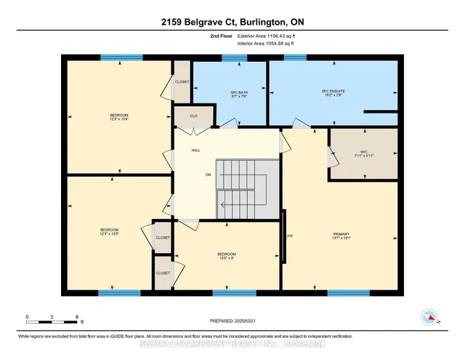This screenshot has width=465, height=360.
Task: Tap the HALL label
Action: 195,151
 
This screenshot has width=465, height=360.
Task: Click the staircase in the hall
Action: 248,185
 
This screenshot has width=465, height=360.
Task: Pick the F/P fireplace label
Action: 289,236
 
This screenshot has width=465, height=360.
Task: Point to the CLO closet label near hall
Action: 194,116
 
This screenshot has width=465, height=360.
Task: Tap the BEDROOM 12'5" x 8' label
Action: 227,256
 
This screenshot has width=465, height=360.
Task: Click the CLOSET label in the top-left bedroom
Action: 182,82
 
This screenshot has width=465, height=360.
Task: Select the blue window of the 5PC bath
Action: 234,57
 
